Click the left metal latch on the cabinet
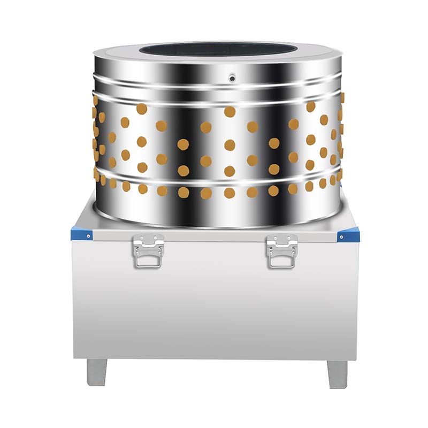tap(148, 250)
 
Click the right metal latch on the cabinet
tap(282, 250)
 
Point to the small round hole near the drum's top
tap(232, 79)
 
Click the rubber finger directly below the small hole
tap(230, 111)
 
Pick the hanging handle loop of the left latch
tap(148, 259)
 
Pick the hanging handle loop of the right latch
tap(282, 259)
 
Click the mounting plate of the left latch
tap(148, 241)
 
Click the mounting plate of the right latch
tap(282, 241)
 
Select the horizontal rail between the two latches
tap(214, 235)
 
